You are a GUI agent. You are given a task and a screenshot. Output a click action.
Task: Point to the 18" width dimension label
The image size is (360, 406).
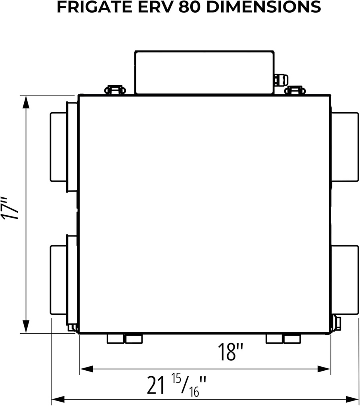point(230,352)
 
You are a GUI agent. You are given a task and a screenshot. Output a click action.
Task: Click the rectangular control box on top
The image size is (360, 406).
point(204,72)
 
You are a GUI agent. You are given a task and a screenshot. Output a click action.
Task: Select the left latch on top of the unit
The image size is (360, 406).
point(115,90)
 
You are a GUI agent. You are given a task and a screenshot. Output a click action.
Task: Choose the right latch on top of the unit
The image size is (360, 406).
point(296,90)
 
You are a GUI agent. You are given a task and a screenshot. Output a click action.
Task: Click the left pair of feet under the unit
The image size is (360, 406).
point(124,339)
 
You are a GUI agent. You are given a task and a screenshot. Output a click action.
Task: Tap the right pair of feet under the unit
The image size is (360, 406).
point(283,339)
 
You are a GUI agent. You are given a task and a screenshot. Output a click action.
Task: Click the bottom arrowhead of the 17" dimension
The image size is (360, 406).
point(26,326)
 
